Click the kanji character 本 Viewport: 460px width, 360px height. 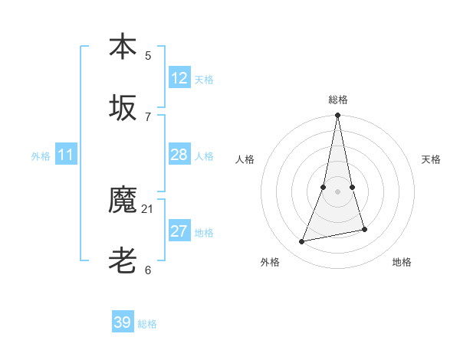123,47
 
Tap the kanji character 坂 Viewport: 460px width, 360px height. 123,108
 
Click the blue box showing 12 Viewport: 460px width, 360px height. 179,77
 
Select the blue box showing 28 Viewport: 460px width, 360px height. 179,155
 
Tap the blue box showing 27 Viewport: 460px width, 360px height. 179,232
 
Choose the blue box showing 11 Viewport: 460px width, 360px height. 66,155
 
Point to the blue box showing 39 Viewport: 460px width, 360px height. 123,322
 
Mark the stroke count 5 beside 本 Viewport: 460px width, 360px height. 148,55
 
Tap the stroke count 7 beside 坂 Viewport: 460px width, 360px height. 148,116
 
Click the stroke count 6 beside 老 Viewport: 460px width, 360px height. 148,270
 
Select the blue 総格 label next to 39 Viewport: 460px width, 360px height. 147,324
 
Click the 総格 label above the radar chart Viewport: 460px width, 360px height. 338,100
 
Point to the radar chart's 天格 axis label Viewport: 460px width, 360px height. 432,159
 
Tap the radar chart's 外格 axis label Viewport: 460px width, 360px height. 270,262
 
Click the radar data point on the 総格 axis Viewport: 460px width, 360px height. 337,116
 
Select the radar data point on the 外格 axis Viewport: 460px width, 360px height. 302,242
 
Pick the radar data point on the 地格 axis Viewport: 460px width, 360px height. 364,229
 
